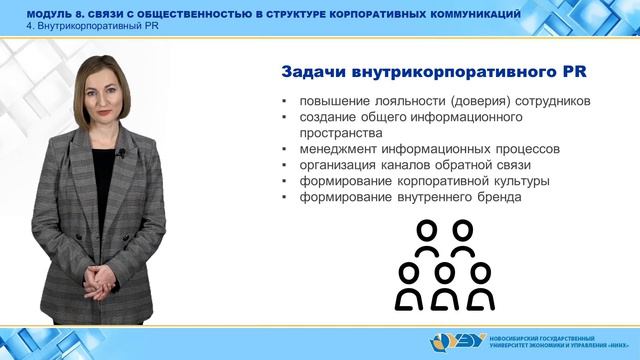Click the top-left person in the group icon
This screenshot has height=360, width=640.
click(x=427, y=239)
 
